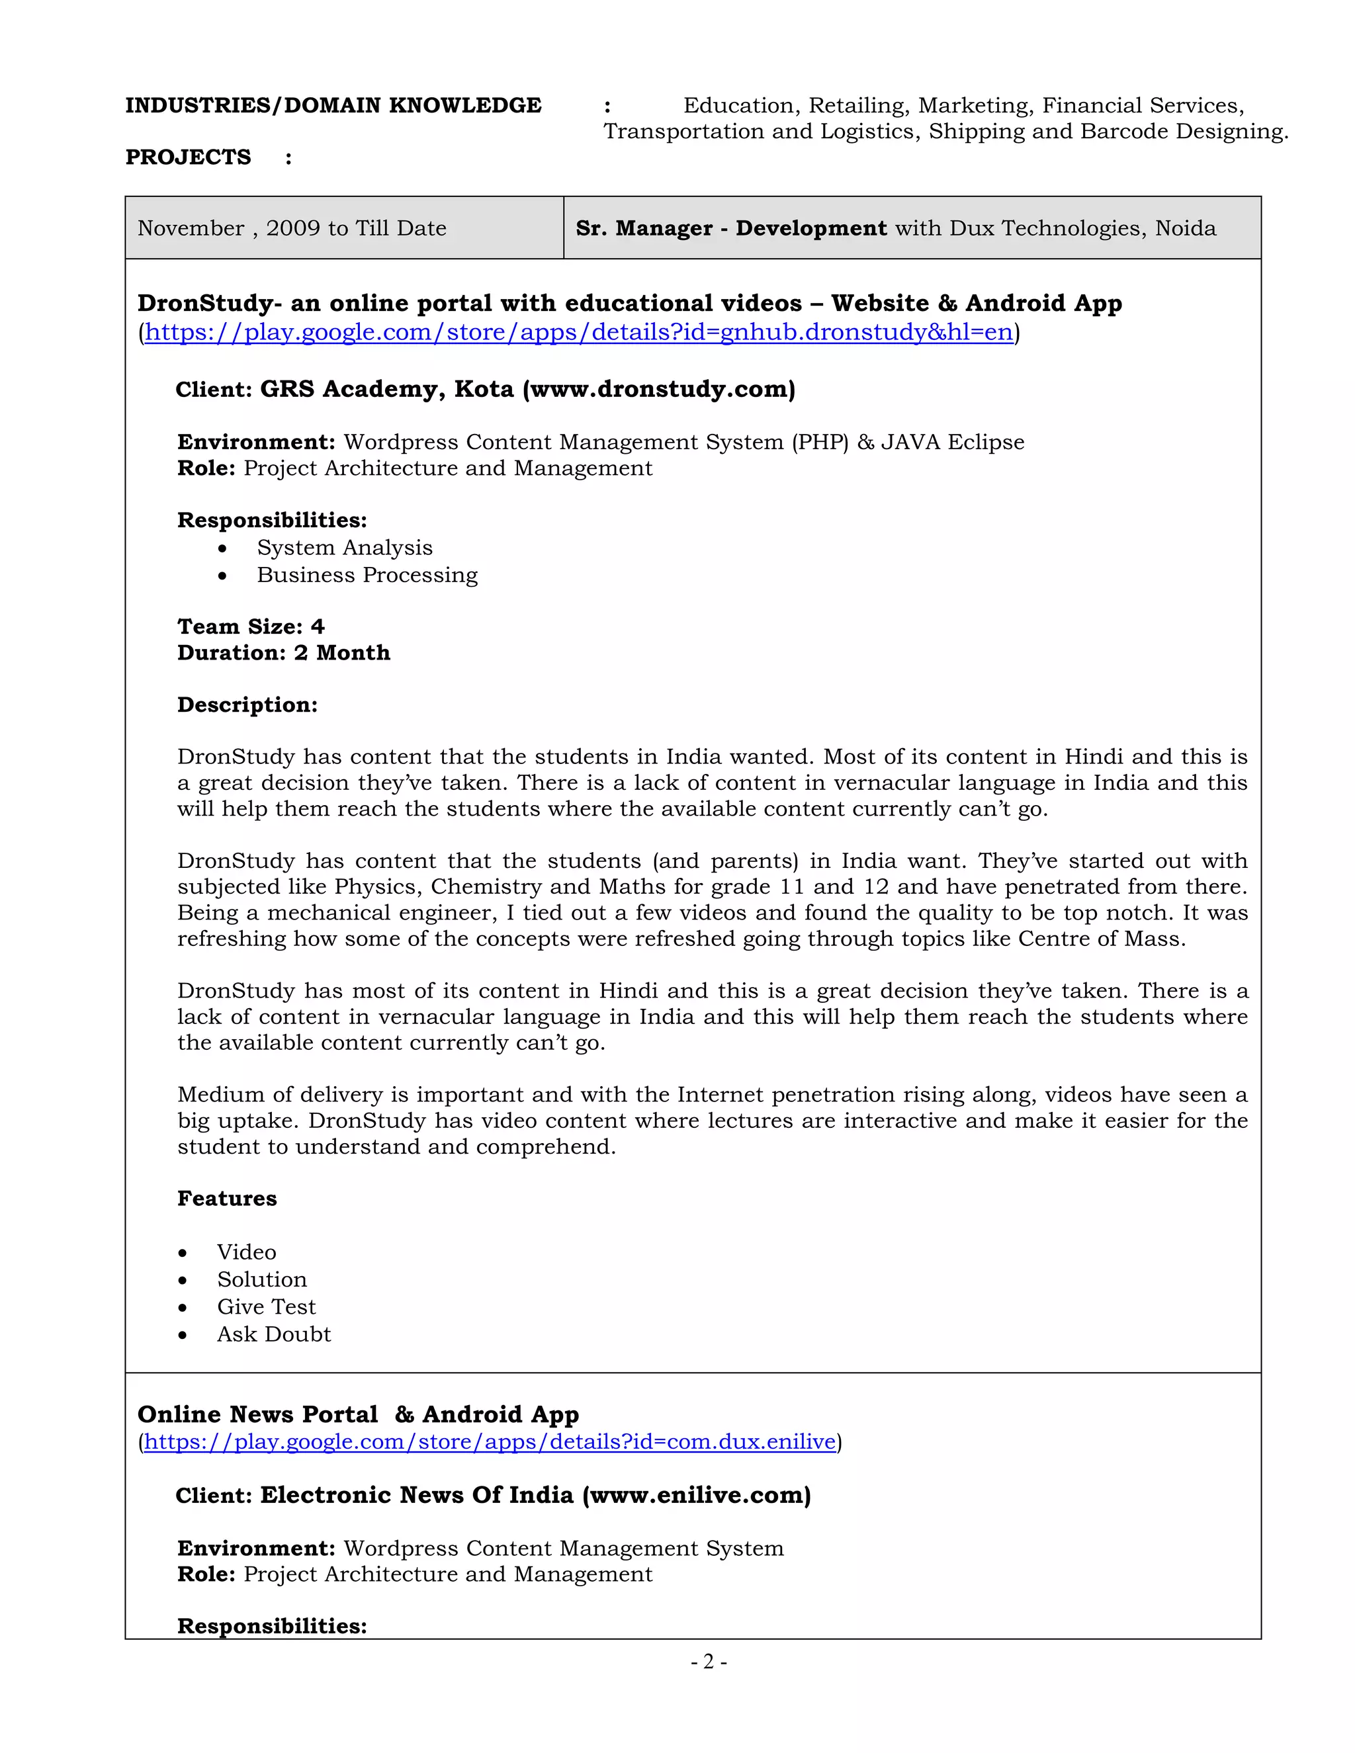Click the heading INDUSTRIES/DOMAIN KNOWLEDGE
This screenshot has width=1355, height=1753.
click(x=333, y=105)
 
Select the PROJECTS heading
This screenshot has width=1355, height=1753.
click(x=188, y=157)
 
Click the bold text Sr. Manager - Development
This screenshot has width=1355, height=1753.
click(x=730, y=228)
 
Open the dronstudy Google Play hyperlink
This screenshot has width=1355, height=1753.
click(x=578, y=332)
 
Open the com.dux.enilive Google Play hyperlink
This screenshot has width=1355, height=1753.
click(x=490, y=1441)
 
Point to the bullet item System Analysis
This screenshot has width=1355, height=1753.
click(x=344, y=548)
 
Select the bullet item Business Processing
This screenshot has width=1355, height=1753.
click(x=367, y=575)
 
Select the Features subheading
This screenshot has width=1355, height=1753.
click(x=226, y=1199)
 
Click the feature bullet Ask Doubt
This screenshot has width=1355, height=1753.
click(x=273, y=1334)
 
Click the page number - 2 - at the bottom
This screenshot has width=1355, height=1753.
click(x=709, y=1662)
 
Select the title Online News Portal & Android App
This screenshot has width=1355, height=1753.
click(x=358, y=1414)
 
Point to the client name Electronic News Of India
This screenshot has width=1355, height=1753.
click(x=417, y=1496)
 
